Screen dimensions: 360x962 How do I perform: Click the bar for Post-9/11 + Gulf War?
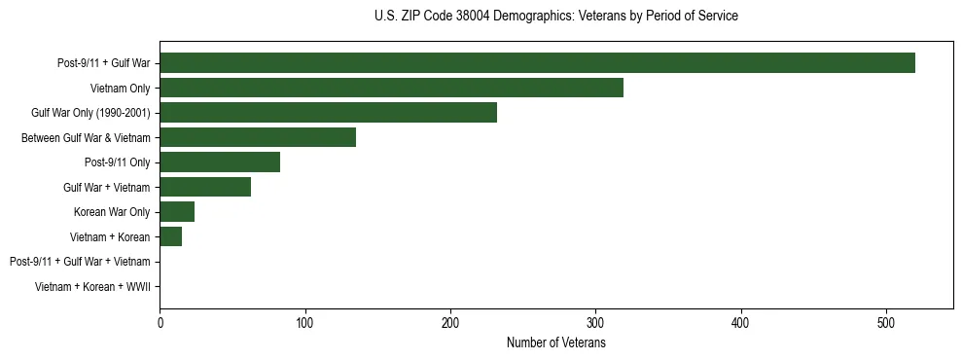click(x=537, y=63)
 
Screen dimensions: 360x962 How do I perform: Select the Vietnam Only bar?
click(x=391, y=89)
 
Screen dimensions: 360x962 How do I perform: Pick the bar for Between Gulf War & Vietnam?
click(x=258, y=137)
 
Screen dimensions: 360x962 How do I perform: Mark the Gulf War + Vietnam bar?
click(x=205, y=187)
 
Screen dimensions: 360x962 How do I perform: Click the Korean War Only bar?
click(x=177, y=212)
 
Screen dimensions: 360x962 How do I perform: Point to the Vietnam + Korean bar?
click(x=171, y=236)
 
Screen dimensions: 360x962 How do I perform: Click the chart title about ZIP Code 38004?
click(x=555, y=17)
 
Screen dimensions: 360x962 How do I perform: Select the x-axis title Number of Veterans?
click(x=555, y=342)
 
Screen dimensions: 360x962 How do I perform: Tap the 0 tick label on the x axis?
click(x=160, y=322)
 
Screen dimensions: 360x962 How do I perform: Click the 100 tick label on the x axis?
click(x=305, y=322)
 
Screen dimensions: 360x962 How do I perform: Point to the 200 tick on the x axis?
click(x=450, y=322)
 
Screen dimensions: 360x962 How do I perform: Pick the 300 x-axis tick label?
click(x=596, y=322)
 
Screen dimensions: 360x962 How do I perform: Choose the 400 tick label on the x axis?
click(x=741, y=322)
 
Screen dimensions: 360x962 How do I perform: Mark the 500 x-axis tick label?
click(x=886, y=322)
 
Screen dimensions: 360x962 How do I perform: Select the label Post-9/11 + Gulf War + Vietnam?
click(x=80, y=262)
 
